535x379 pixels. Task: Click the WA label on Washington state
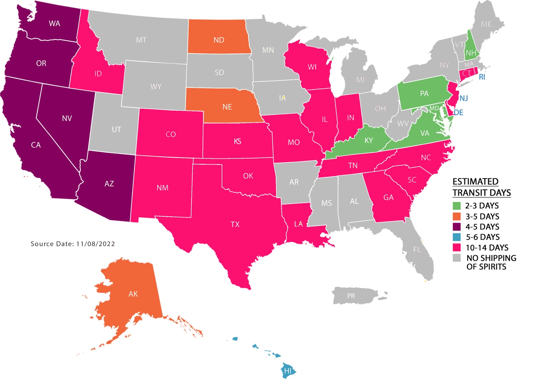pos(54,24)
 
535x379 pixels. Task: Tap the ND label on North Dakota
pos(219,40)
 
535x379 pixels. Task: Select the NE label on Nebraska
pos(227,107)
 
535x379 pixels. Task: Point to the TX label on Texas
pos(235,224)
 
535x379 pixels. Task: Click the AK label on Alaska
pos(133,294)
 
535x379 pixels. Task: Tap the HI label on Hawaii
pos(287,371)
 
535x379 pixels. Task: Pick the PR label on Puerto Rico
pos(351,296)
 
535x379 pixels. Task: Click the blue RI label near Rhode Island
pos(482,77)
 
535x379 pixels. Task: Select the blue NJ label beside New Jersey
pos(463,98)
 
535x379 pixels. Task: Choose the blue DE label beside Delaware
pos(458,113)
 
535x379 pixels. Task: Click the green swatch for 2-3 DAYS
pos(457,206)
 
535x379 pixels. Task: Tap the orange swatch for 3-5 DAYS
pos(457,217)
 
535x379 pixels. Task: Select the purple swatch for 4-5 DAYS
pos(457,227)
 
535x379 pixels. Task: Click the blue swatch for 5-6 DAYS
pos(457,237)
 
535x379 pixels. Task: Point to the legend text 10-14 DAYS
pos(486,248)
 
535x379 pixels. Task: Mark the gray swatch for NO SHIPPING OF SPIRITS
pos(457,258)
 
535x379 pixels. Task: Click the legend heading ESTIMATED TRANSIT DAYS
pos(481,187)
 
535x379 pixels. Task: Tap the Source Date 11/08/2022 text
pos(73,244)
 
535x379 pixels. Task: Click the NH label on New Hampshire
pos(470,53)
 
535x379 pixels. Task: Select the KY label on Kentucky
pos(368,141)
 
